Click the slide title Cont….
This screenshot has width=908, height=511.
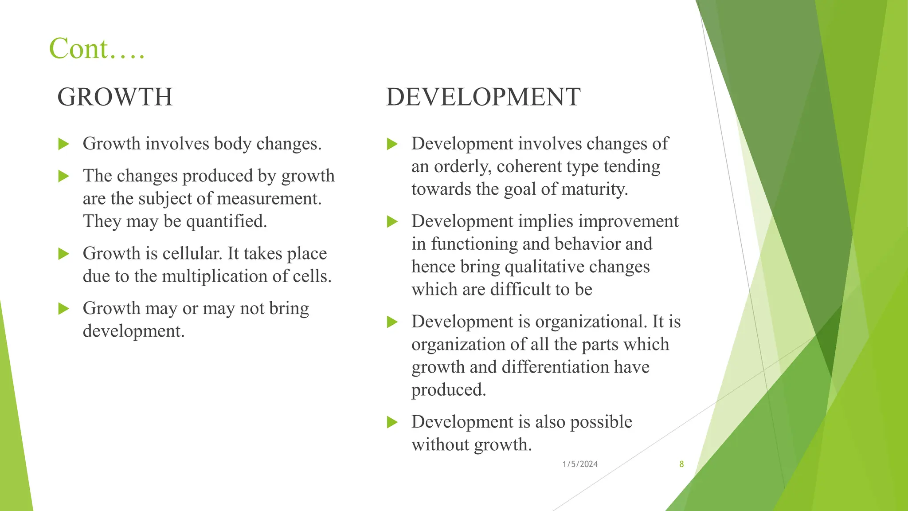(97, 48)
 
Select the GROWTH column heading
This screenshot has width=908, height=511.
(115, 97)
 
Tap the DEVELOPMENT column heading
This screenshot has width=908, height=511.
(483, 97)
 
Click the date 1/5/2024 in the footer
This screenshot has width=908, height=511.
(580, 464)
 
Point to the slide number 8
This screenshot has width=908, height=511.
(681, 464)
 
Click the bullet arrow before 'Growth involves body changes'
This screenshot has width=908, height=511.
(64, 144)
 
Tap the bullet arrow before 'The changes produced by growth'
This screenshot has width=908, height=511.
(64, 176)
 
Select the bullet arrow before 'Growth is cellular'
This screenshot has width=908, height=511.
(64, 254)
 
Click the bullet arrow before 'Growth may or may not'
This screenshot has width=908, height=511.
(64, 308)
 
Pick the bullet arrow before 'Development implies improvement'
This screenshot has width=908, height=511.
(392, 221)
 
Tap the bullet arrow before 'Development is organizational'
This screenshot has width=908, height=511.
(392, 322)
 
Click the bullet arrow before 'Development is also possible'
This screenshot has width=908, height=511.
(392, 422)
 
